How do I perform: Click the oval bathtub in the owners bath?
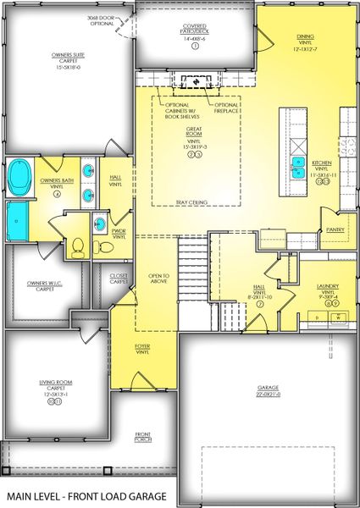pos(19,177)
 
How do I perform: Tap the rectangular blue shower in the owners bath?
pos(18,219)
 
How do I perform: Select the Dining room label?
pos(305,41)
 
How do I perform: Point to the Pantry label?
pos(334,229)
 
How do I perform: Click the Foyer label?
pos(142,348)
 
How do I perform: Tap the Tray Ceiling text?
pos(193,202)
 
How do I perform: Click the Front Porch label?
pos(143,438)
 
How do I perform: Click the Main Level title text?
pos(84,495)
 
